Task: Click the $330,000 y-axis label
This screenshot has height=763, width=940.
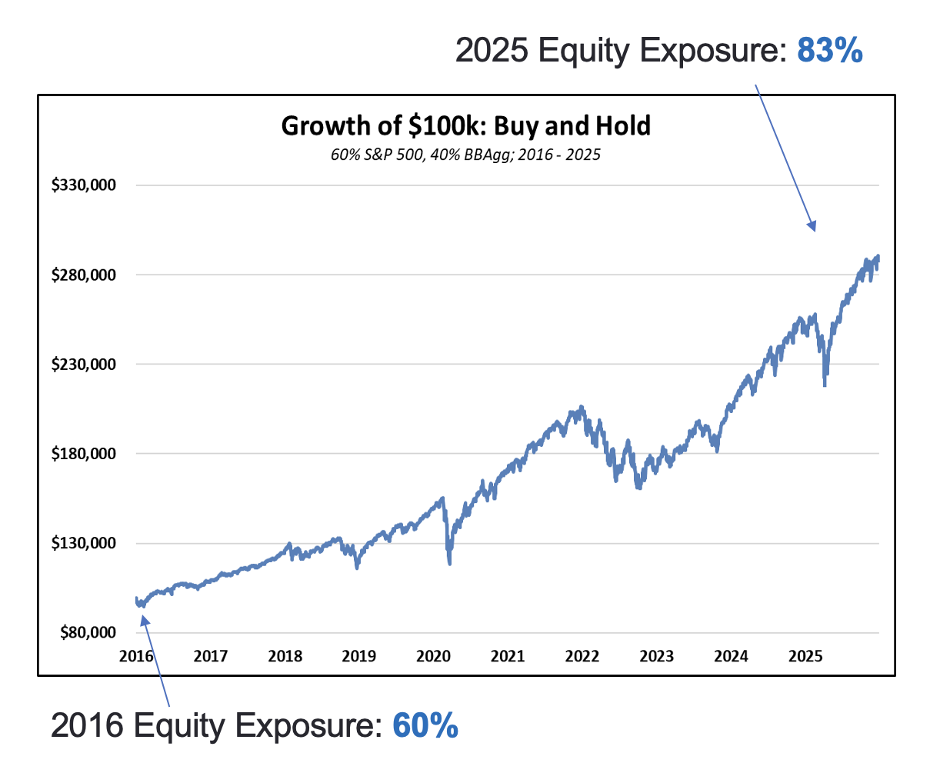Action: pyautogui.click(x=82, y=185)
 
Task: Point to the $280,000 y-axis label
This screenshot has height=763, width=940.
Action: pyautogui.click(x=82, y=275)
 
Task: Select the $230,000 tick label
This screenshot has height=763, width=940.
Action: pyautogui.click(x=82, y=364)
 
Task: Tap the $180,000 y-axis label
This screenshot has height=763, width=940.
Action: pyautogui.click(x=82, y=454)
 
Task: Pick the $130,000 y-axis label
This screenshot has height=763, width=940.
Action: pyautogui.click(x=82, y=543)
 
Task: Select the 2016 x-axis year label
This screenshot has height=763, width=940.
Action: pyautogui.click(x=136, y=656)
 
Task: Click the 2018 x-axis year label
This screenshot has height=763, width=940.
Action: pyautogui.click(x=285, y=656)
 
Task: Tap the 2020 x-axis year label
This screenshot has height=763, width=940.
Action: pyautogui.click(x=434, y=656)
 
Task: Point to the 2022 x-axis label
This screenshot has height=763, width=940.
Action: pyautogui.click(x=582, y=656)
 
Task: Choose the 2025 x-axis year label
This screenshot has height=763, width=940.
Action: pyautogui.click(x=806, y=656)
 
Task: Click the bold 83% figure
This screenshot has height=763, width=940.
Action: pyautogui.click(x=830, y=51)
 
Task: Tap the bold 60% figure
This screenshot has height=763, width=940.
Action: pyautogui.click(x=425, y=725)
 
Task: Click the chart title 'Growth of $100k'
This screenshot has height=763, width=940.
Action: pyautogui.click(x=465, y=125)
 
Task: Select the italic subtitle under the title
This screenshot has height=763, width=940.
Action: pyautogui.click(x=465, y=155)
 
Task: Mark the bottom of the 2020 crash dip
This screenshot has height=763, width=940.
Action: pyautogui.click(x=449, y=562)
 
